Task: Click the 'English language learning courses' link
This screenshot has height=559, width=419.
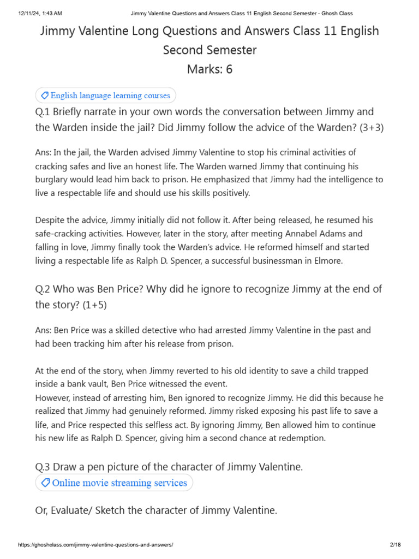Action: point(110,96)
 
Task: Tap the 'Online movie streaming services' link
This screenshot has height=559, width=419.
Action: point(119,483)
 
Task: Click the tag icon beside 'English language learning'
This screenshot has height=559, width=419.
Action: point(44,96)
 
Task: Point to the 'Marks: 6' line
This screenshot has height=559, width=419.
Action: point(209,69)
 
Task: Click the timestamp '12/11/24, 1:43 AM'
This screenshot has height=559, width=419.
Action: point(39,13)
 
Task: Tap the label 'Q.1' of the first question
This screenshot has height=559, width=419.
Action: point(43,112)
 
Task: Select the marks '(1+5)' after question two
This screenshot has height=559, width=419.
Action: point(94,305)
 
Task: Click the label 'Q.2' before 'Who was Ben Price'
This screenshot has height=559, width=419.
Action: point(43,289)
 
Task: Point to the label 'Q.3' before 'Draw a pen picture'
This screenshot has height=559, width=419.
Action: point(43,467)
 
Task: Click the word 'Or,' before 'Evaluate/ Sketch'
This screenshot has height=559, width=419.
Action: point(42,510)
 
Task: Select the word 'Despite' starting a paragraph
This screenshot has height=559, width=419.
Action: point(50,220)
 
